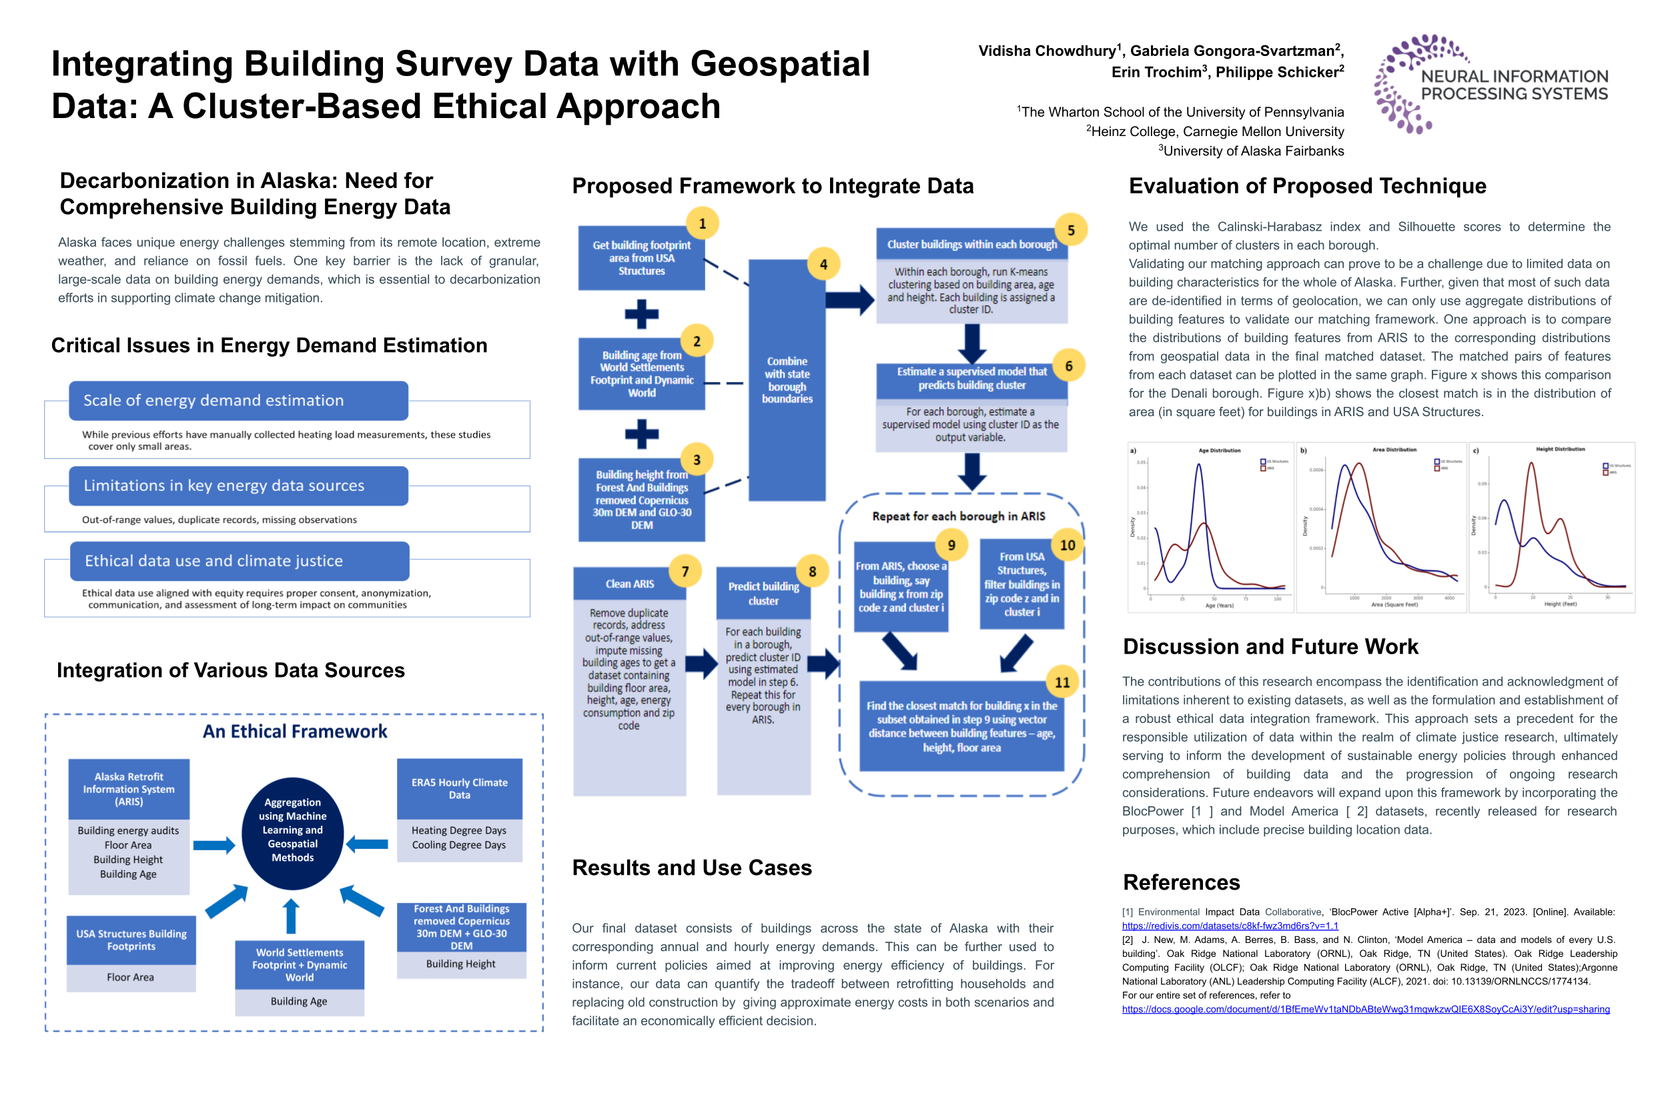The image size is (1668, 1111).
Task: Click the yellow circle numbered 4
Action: pos(823,264)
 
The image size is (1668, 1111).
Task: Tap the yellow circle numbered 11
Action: pos(1062,682)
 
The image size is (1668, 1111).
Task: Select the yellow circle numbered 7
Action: pos(685,571)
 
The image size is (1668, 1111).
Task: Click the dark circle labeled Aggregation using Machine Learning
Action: pos(292,834)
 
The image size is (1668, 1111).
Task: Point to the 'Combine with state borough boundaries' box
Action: pos(787,381)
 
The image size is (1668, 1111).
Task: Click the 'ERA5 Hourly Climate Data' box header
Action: pos(459,789)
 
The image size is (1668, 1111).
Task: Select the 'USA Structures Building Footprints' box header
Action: pos(131,940)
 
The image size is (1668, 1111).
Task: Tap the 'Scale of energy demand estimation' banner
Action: pos(238,400)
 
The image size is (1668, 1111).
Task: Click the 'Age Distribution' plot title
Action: pos(1219,451)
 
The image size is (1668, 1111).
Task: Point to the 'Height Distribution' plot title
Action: pos(1561,449)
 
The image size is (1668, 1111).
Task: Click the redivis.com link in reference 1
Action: pos(1230,926)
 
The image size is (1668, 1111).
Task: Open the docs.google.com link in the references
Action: pos(1365,1010)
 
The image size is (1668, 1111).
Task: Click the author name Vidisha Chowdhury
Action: pos(1047,51)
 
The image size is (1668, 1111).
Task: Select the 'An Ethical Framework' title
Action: pos(295,731)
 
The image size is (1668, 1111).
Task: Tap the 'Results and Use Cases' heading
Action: pos(692,868)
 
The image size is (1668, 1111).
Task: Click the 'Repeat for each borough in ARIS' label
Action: pos(958,517)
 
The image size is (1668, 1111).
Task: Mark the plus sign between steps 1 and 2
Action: pos(642,314)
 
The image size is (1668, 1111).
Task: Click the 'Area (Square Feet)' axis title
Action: pos(1394,605)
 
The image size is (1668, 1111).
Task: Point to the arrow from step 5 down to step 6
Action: pos(972,343)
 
